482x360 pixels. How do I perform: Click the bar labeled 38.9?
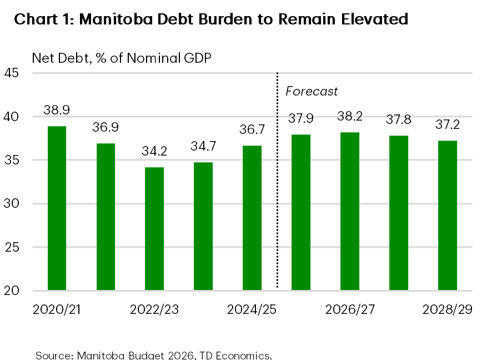(57, 208)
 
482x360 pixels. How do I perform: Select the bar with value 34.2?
(154, 228)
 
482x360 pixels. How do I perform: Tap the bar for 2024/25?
(252, 217)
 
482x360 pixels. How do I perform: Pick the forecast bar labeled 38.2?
(350, 211)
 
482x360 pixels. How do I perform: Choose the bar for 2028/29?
(448, 215)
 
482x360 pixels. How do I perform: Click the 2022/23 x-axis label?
(154, 309)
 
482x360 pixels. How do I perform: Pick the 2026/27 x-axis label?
(350, 309)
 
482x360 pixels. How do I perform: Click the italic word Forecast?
(312, 91)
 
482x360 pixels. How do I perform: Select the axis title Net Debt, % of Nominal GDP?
(122, 58)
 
